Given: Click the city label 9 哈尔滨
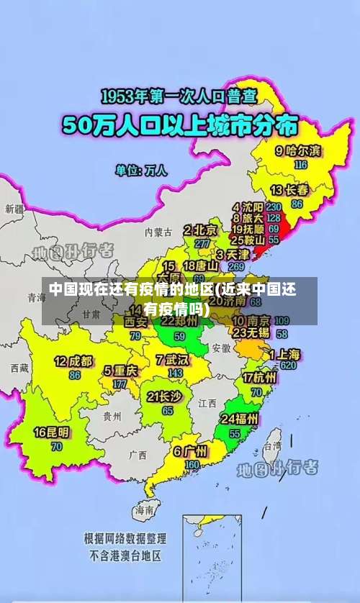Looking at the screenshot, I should click(298, 151).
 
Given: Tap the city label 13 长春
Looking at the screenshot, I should click(289, 191).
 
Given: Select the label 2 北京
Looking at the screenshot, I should click(200, 230).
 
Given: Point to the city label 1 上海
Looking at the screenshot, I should click(285, 354).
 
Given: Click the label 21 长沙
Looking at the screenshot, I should click(164, 396).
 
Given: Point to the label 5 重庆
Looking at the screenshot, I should click(120, 371).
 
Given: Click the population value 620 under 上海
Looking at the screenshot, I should click(289, 366).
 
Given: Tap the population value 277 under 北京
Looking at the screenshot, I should click(202, 244).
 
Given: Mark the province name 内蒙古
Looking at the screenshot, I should click(158, 232).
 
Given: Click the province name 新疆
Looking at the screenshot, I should click(14, 209).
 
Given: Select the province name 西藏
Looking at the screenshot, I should click(20, 368).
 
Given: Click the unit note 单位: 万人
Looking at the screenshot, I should click(141, 171).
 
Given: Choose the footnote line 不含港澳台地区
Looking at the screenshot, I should click(125, 556).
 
